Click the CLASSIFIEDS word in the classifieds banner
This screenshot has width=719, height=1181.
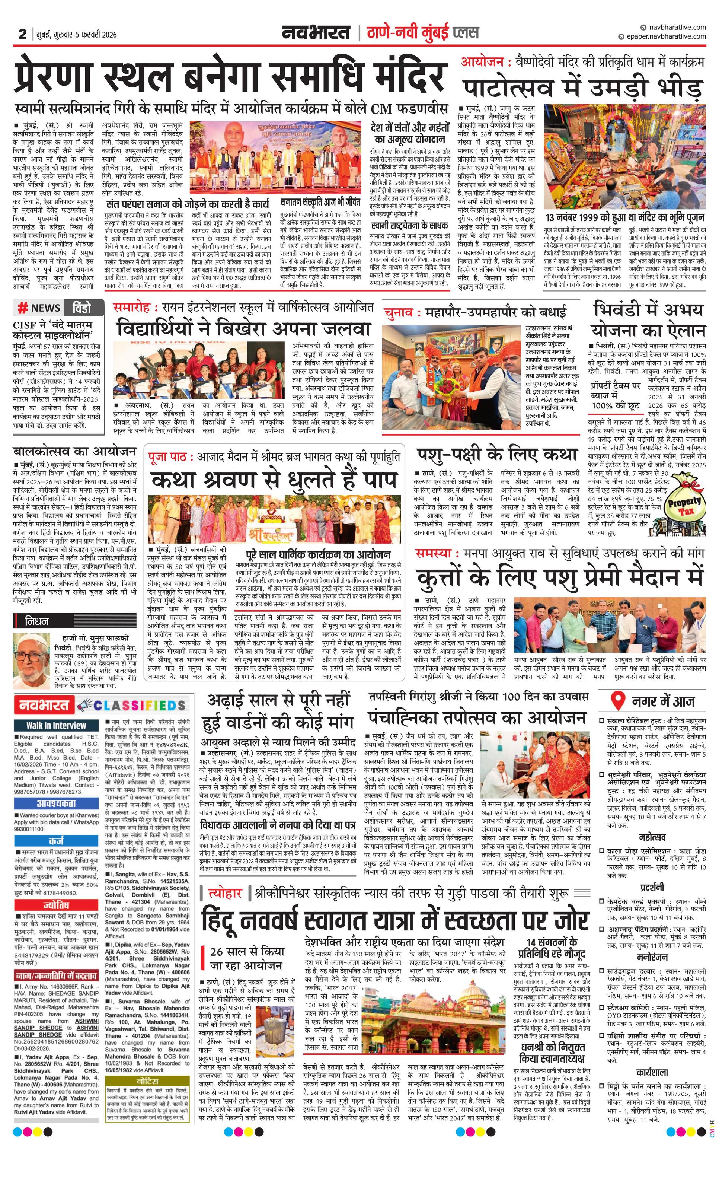[x=139, y=706]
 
